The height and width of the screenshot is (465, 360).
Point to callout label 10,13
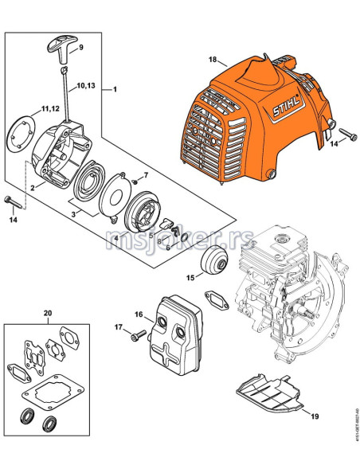click(86, 85)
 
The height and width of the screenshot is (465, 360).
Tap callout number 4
click(115, 237)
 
